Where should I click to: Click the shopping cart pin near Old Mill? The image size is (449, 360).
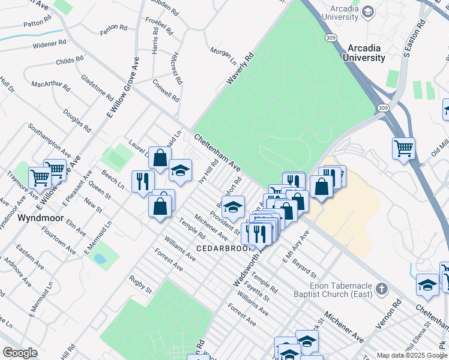pos(404,147)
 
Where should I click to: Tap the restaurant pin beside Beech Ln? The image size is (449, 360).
pos(143,180)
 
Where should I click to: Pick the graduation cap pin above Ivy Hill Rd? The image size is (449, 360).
pos(180,170)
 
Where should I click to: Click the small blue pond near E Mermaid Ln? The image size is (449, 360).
pos(100,259)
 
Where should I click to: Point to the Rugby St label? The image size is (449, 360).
pos(140,285)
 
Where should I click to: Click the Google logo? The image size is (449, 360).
pos(20,353)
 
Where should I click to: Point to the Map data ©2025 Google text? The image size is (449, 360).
pos(411,355)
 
